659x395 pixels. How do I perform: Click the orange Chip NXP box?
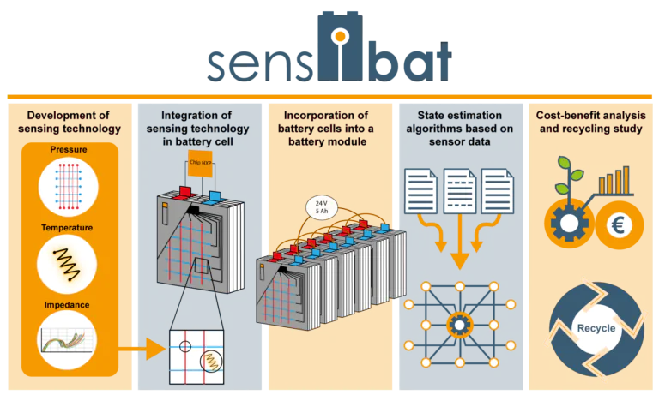coord(200,164)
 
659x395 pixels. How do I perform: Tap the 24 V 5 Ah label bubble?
coord(322,207)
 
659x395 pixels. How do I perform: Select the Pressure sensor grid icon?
coord(68,187)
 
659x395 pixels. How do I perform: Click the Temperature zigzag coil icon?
coord(67,265)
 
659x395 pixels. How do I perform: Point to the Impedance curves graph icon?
coord(67,340)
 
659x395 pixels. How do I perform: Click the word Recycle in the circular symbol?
coord(596,328)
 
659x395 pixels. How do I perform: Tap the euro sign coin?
coord(619,225)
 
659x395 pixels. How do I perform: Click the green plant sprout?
coord(569,176)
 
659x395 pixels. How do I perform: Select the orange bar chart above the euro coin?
coord(615,181)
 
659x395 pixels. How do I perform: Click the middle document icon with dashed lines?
coord(460,191)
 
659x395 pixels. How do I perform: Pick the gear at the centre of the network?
coord(460,326)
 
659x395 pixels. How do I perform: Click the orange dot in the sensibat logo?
coord(341,37)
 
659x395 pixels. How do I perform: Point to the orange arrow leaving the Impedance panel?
coord(142,349)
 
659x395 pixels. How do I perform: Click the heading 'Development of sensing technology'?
coord(70,122)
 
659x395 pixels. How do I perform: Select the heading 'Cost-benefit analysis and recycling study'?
coord(590,122)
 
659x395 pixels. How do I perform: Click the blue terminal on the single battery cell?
coord(215,196)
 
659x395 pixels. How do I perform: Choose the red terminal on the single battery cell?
coord(185,192)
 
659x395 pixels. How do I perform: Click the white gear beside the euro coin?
coord(569,224)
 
